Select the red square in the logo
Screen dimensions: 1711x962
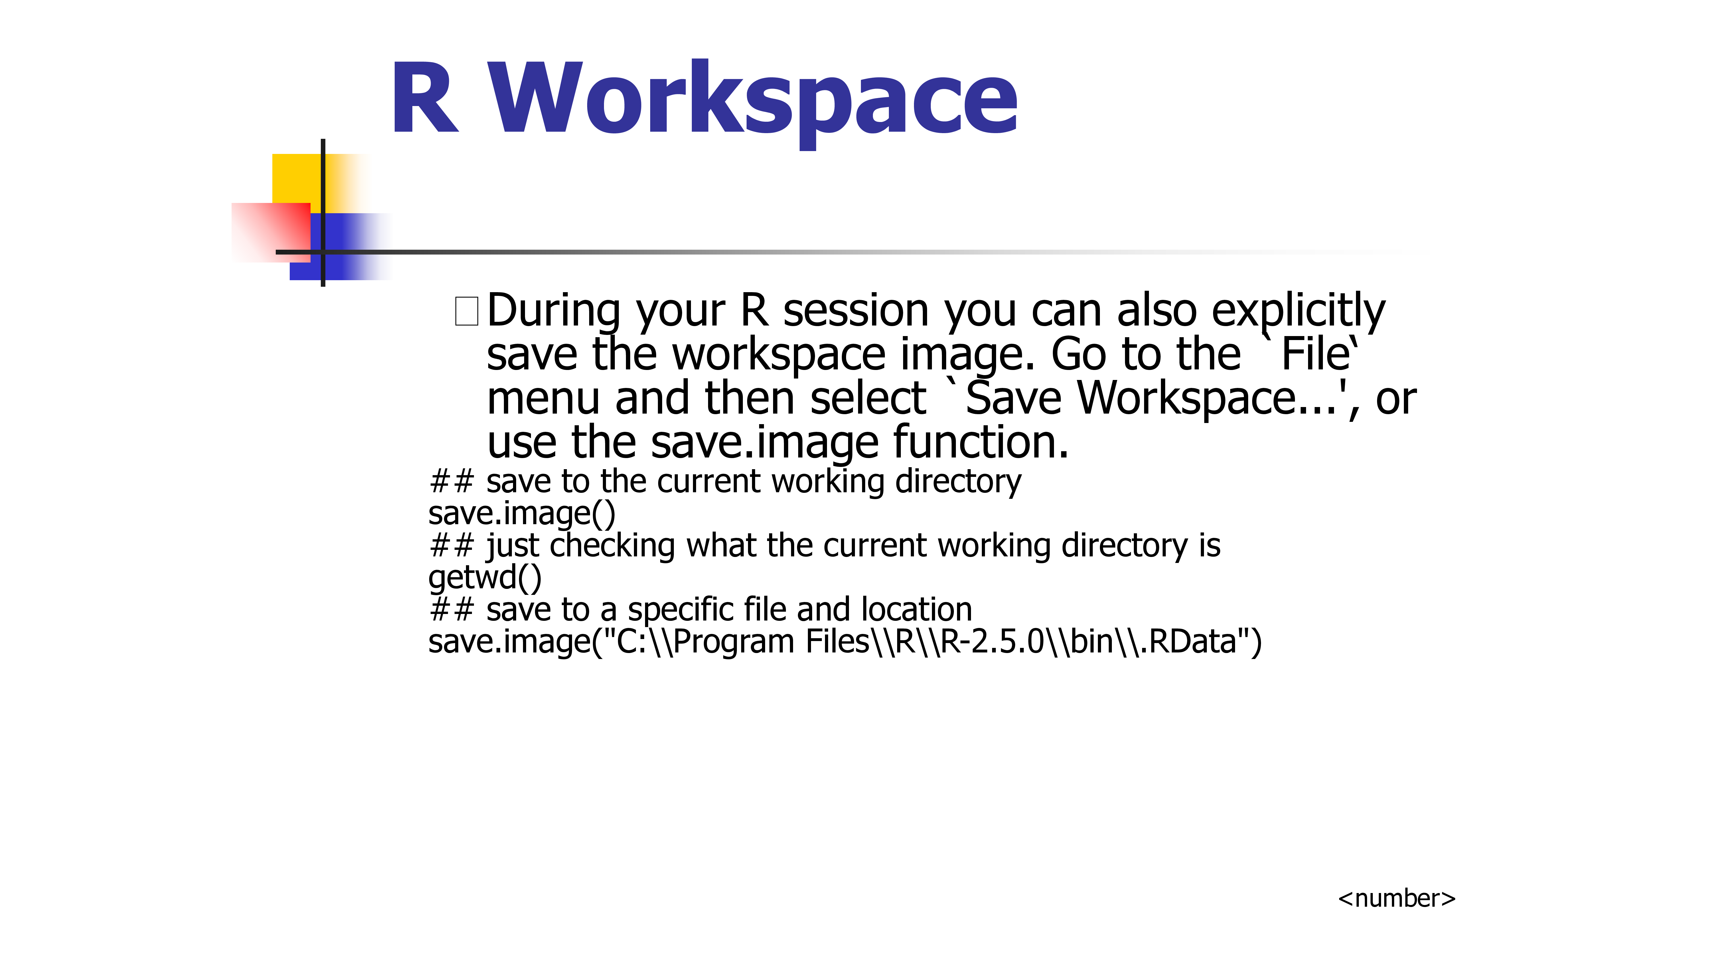tap(271, 232)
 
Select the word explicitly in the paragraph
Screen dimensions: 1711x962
tap(1299, 311)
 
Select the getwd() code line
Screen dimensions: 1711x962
tap(485, 577)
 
